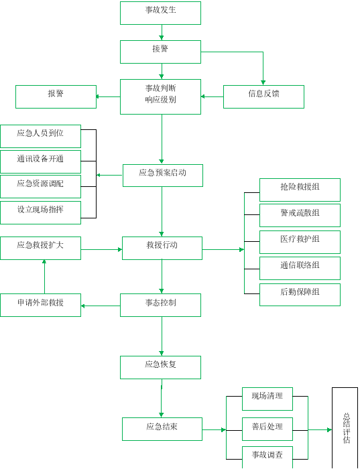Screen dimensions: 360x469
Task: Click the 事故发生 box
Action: pyautogui.click(x=160, y=13)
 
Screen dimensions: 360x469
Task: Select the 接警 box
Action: pyautogui.click(x=160, y=52)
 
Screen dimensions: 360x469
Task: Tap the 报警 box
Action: pyautogui.click(x=56, y=97)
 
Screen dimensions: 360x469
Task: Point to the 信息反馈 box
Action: pyautogui.click(x=263, y=97)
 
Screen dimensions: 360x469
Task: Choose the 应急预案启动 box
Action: pyautogui.click(x=163, y=176)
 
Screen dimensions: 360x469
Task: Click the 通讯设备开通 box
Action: pyautogui.click(x=40, y=162)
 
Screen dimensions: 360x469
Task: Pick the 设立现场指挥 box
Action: pyautogui.click(x=40, y=212)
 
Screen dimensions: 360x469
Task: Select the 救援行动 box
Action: pyautogui.click(x=162, y=249)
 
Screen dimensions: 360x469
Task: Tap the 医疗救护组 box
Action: pyautogui.click(x=300, y=242)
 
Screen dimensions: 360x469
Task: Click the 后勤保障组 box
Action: pyautogui.click(x=300, y=295)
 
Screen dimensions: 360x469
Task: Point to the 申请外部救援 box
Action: pyautogui.click(x=40, y=305)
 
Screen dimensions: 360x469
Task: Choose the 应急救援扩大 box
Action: pyautogui.click(x=40, y=249)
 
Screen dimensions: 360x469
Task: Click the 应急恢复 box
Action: pyautogui.click(x=160, y=368)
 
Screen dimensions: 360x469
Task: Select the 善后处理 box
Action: pyautogui.click(x=267, y=429)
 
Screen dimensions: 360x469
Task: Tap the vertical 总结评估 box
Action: pyautogui.click(x=345, y=428)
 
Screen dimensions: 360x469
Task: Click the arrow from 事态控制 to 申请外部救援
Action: pyautogui.click(x=101, y=306)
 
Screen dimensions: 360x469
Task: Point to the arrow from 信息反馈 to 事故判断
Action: pyautogui.click(x=212, y=96)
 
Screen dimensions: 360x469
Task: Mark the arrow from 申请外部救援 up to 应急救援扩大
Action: pyautogui.click(x=45, y=277)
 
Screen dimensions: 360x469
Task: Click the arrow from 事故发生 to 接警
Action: pyautogui.click(x=162, y=32)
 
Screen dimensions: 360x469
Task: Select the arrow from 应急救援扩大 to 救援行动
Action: pyautogui.click(x=101, y=249)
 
